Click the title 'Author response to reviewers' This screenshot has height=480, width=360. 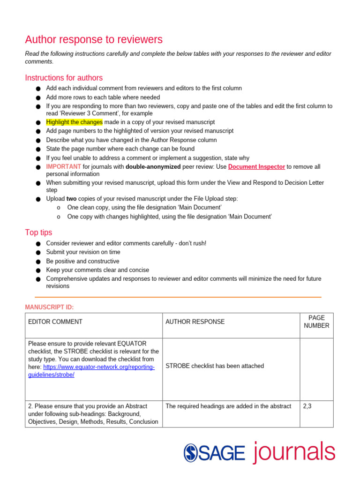click(94, 39)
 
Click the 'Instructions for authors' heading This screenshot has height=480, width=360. click(64, 78)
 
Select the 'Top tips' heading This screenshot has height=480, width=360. click(38, 232)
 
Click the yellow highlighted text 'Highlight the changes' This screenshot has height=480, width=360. click(74, 122)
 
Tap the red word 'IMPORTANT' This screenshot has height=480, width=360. click(63, 166)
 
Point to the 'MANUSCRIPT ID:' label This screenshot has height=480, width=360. click(49, 307)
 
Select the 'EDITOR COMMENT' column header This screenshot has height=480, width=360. click(55, 322)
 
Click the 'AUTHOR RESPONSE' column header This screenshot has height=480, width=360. click(195, 322)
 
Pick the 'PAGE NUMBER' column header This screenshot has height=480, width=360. click(316, 322)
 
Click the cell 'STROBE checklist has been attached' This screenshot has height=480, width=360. click(215, 366)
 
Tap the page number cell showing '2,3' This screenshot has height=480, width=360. click(307, 406)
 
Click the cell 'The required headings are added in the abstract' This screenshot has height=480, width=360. click(228, 406)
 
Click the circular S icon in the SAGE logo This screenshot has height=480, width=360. click(191, 452)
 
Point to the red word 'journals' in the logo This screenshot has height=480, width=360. click(294, 451)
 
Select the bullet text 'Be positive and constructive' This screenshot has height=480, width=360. click(82, 261)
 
